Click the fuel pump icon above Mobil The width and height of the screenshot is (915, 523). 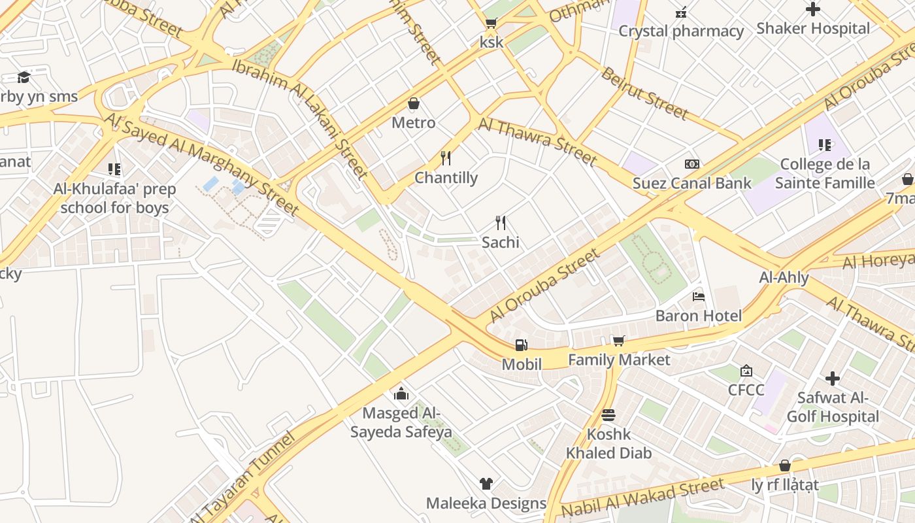point(521,345)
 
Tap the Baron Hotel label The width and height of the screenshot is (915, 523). point(698,316)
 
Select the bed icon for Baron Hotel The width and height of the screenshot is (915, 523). point(699,296)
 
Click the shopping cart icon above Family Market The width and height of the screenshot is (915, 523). point(618,340)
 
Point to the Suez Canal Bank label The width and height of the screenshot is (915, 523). point(691,183)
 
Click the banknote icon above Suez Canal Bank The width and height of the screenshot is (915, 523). point(691,163)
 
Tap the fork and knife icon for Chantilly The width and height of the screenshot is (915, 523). point(446,158)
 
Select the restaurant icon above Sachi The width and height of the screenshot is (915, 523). point(501,222)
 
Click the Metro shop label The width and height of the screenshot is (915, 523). point(413,122)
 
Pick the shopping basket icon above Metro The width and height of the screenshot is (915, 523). point(413,103)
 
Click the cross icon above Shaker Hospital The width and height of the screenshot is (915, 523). point(813,9)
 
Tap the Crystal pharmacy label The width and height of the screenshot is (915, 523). point(681,31)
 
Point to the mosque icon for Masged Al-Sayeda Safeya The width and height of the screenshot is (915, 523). point(401,394)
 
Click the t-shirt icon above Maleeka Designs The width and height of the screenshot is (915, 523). point(486,484)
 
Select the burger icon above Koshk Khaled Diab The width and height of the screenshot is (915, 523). point(608,414)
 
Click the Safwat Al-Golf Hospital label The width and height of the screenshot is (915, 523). point(833,407)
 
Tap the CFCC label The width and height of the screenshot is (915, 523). point(746,390)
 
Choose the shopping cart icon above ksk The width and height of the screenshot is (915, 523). point(491,23)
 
